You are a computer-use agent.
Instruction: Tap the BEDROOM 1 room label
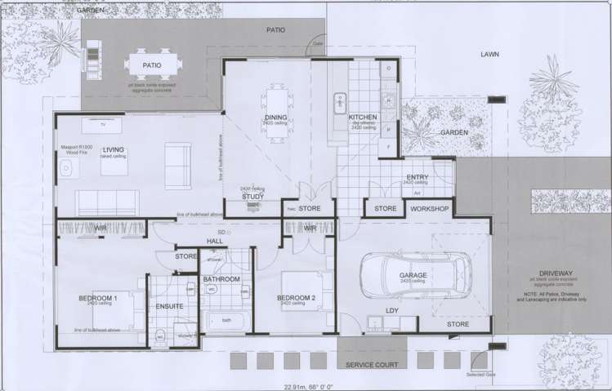pos(99,298)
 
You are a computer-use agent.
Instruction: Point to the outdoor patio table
pos(151,63)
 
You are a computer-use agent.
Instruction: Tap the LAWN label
pos(490,55)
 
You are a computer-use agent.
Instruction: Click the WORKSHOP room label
pos(430,209)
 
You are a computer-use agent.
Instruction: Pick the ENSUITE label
pos(169,307)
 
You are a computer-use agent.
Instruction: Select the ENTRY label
pos(417,177)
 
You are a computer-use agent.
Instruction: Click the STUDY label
pos(252,197)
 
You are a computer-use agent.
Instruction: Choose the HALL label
pos(215,242)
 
